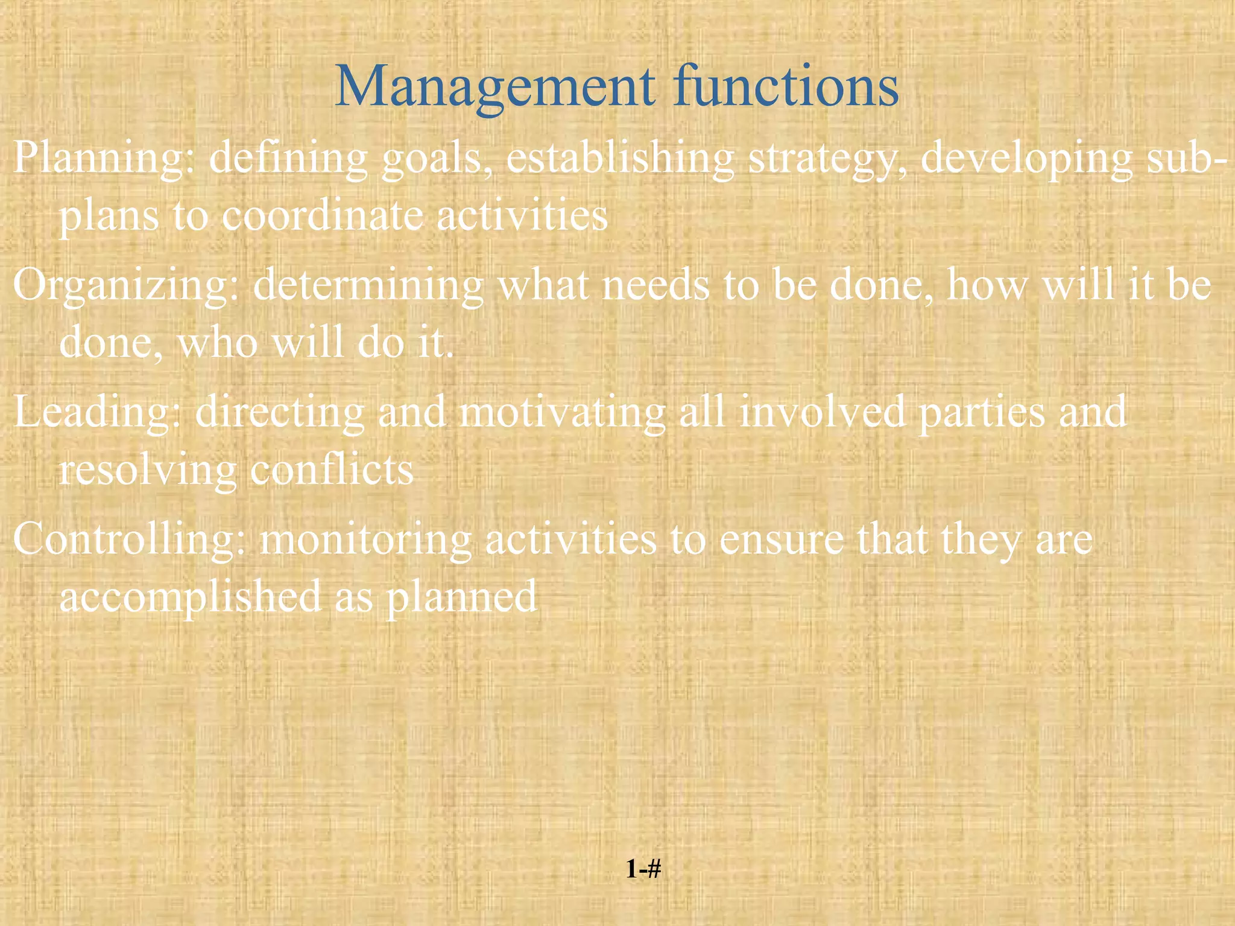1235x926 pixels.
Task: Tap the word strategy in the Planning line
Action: pos(826,159)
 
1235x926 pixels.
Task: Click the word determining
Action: pos(368,285)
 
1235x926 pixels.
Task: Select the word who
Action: pos(218,342)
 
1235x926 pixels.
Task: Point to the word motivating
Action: pos(563,412)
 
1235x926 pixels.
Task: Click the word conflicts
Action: pos(332,470)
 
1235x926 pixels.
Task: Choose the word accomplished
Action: pos(190,597)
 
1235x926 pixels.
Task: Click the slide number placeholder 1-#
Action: pos(643,869)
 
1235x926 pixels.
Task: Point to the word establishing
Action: pos(620,157)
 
